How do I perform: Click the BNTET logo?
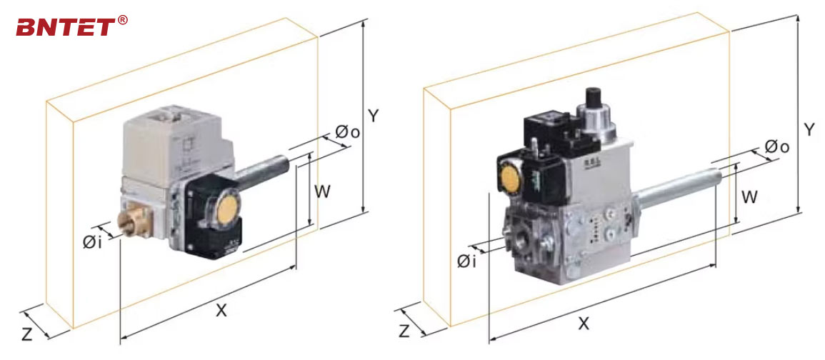click(66, 27)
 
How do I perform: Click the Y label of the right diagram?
click(809, 129)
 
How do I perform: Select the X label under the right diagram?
click(584, 323)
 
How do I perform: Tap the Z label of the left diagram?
click(26, 334)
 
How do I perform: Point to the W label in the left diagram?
click(323, 191)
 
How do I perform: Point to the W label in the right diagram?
click(749, 197)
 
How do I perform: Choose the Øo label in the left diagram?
click(347, 132)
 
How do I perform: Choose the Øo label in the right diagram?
click(776, 146)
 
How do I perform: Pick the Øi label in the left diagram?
click(91, 242)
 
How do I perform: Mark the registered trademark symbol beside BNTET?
click(122, 20)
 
